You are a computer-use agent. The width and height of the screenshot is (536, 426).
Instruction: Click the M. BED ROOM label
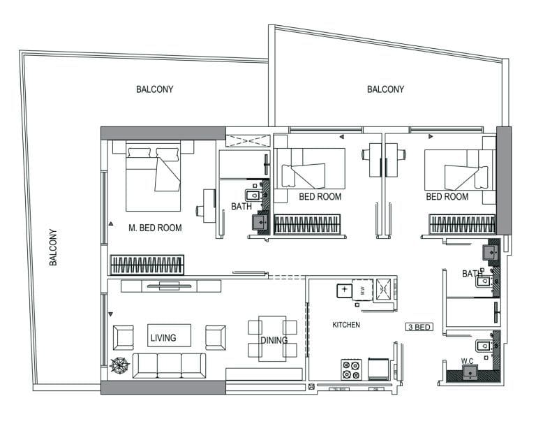(155, 228)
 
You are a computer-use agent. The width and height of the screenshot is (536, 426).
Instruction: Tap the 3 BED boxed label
(419, 326)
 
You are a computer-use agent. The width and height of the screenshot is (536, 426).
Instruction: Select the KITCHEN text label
(346, 325)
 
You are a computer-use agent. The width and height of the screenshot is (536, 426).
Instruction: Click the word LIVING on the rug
(163, 338)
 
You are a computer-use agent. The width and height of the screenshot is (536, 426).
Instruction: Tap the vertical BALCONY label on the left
(54, 247)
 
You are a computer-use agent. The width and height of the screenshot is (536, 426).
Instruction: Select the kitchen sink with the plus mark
(345, 290)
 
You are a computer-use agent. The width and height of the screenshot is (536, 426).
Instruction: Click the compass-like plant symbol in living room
(119, 365)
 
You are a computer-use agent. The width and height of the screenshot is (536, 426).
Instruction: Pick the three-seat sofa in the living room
(169, 365)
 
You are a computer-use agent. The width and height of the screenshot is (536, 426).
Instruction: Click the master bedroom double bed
(154, 176)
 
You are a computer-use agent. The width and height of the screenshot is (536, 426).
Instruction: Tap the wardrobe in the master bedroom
(147, 265)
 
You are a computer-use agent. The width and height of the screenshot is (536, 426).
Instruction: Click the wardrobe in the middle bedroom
(307, 224)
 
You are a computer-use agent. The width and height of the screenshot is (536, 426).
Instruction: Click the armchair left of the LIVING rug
(124, 337)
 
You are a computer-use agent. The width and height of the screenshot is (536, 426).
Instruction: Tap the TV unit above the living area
(171, 286)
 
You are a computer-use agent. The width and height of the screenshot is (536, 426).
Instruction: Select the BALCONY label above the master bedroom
(154, 89)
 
